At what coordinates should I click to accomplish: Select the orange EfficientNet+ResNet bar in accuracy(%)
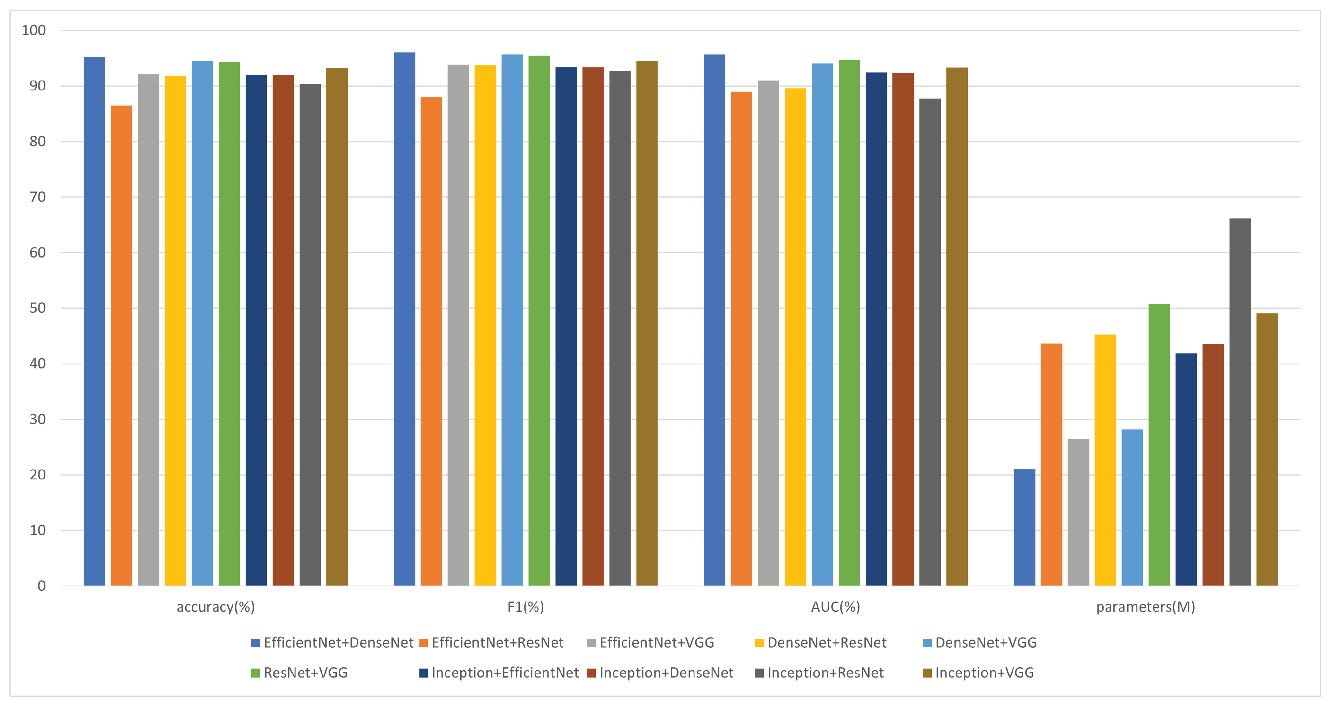pos(121,346)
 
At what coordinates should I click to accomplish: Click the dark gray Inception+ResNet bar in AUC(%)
pos(930,342)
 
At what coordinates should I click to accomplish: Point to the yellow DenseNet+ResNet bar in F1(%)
pos(485,325)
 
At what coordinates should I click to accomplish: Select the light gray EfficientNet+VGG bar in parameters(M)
pos(1078,512)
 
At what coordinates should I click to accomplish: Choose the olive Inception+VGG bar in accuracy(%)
pos(337,327)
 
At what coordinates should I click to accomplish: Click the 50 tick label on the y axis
pos(37,308)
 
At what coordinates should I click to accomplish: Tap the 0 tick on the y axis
pos(41,586)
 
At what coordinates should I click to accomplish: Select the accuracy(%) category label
pos(216,607)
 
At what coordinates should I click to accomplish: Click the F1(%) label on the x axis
pos(526,607)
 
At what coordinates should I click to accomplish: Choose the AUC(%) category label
pos(835,607)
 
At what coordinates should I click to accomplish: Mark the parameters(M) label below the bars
pos(1146,607)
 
